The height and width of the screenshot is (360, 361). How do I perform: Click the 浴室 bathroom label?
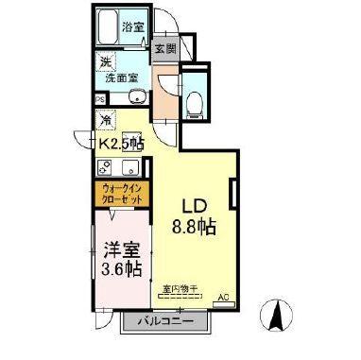(133, 27)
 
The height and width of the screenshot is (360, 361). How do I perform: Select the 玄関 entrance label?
(166, 47)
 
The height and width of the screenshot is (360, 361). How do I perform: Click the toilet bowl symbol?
(195, 101)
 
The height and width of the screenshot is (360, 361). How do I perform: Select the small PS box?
(99, 98)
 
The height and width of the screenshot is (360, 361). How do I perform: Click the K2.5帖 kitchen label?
(123, 144)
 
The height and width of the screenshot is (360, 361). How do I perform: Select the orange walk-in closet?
(119, 196)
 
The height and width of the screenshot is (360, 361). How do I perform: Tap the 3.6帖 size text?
(121, 270)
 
